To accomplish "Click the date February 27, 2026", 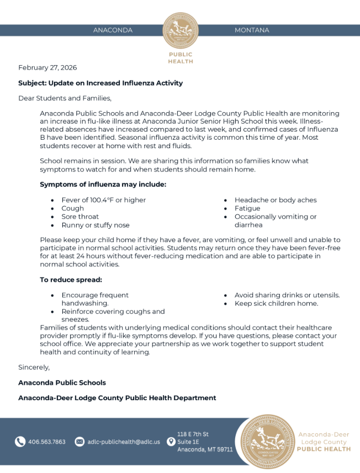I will (x=47, y=67).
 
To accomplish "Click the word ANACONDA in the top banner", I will (x=113, y=30).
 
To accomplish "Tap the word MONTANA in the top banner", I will (x=252, y=30).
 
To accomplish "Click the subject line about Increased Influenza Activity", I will (x=100, y=83).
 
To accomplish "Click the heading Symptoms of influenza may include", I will (x=103, y=185).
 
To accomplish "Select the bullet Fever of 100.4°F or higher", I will (x=104, y=200).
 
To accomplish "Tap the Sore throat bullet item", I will (x=80, y=217).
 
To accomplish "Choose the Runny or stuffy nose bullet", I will (x=96, y=225).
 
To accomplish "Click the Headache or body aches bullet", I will (x=276, y=200).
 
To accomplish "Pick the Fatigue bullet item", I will (x=247, y=208).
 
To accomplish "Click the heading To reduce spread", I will (x=71, y=280).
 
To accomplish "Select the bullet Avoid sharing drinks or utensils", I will (x=287, y=295).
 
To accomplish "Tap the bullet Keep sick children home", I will (x=276, y=303).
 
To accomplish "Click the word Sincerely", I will (x=34, y=367).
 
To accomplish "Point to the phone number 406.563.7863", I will (x=47, y=442).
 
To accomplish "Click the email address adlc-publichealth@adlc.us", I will (x=124, y=442).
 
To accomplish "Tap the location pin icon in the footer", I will (x=171, y=442).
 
